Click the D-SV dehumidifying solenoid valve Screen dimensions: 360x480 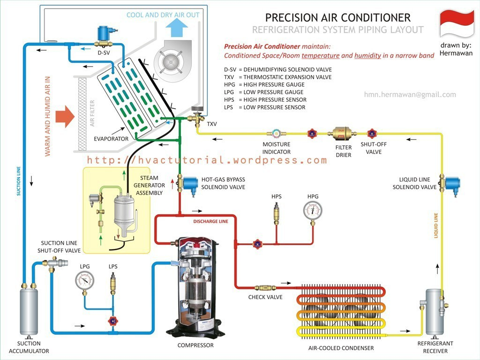point(103,36)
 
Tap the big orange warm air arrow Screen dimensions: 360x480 point(65,117)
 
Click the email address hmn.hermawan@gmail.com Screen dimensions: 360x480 point(410,95)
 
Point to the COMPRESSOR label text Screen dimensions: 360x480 point(195,345)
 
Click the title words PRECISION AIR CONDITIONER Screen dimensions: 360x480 point(337,18)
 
